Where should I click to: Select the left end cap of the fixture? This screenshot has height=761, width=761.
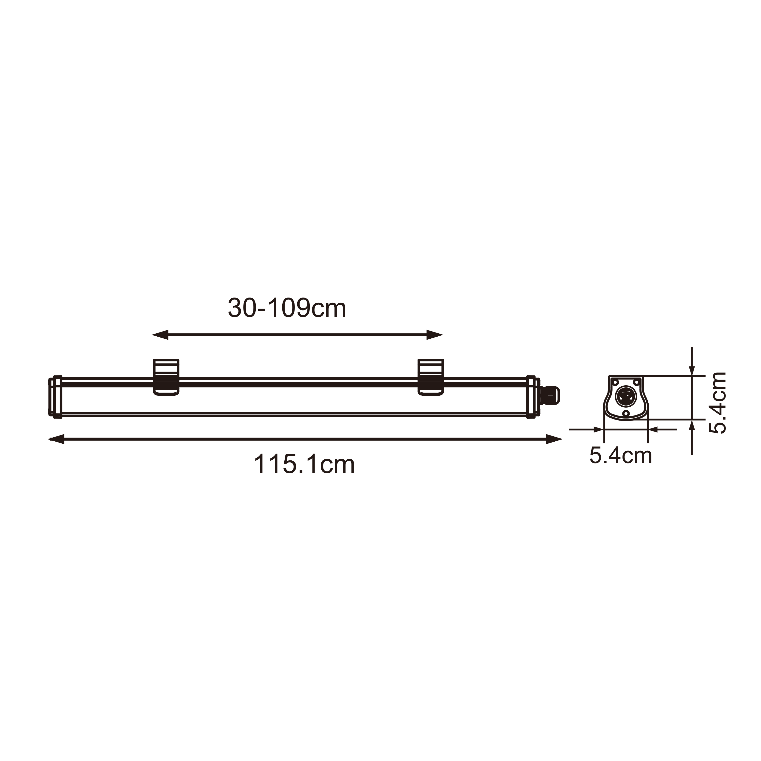pos(56,397)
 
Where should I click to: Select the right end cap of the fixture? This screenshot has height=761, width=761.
pos(532,397)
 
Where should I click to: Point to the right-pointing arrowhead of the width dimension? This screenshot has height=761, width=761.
pos(598,429)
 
